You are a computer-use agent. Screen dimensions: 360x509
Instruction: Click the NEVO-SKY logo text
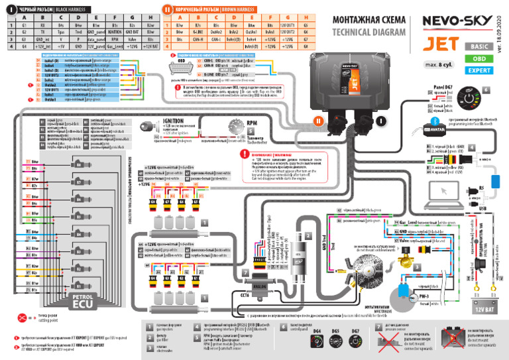tap(457, 24)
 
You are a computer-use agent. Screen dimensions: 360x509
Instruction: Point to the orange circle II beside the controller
tap(317, 121)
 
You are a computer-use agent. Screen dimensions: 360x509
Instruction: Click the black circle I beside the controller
tap(380, 121)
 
